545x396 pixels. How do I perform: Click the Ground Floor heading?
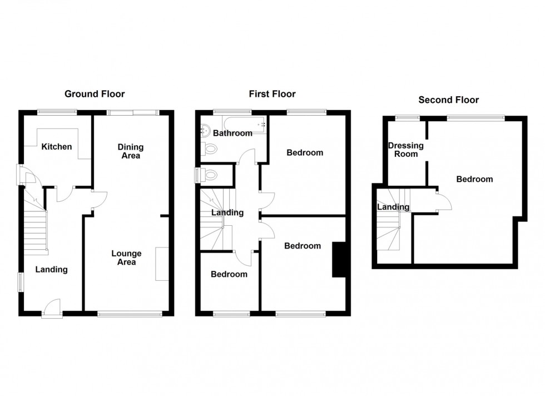click(x=95, y=94)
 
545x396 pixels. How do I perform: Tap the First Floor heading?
click(x=272, y=94)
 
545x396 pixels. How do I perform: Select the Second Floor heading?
click(x=448, y=100)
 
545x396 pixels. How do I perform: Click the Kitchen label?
click(x=57, y=147)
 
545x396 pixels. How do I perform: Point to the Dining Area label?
click(x=130, y=151)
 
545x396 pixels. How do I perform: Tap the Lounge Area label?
click(x=126, y=258)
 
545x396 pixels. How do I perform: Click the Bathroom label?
click(x=233, y=133)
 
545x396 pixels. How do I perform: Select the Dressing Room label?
click(x=405, y=150)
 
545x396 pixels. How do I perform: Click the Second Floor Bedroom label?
click(x=474, y=179)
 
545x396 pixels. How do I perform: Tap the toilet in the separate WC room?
click(x=210, y=175)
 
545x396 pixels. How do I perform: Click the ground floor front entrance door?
click(x=52, y=308)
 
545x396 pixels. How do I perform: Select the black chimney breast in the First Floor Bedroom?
click(x=339, y=259)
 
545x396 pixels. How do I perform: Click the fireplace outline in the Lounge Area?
click(x=162, y=264)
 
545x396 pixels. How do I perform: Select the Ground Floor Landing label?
click(x=52, y=270)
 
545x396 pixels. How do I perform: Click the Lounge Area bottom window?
click(x=130, y=314)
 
